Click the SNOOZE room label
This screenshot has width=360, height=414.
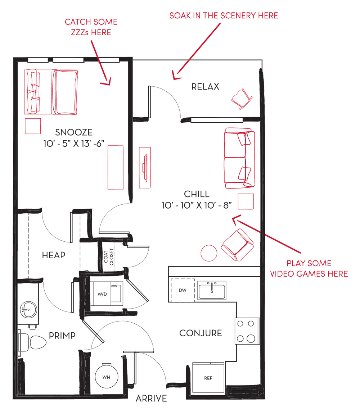pos(74,132)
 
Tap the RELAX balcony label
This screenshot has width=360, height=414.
pos(205,87)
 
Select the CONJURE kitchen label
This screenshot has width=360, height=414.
pos(201,333)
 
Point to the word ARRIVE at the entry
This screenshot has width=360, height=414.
pos(151,399)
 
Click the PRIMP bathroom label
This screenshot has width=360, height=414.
pos(62,336)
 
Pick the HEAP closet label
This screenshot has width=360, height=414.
pos(54,255)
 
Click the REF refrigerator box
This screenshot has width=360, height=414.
pos(208,378)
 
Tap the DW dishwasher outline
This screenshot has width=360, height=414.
pos(183,290)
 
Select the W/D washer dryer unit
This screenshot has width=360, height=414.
pos(107,294)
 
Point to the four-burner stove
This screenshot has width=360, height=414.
pos(247,331)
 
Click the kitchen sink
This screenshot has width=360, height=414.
pos(212,290)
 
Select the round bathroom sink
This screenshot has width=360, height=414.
pos(28,309)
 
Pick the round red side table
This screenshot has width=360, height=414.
pos(209,253)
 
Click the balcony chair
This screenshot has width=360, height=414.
pos(242,99)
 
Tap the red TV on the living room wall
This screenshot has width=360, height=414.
pos(145,168)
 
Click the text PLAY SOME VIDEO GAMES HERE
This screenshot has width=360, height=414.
pos(309,269)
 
